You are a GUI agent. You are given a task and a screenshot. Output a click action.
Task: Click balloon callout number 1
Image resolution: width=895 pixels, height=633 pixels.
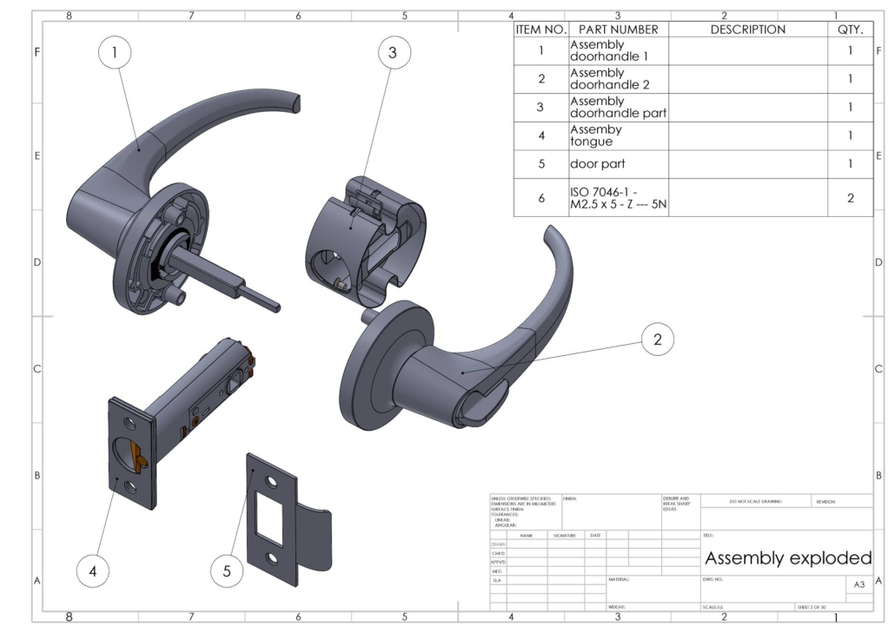[115, 54]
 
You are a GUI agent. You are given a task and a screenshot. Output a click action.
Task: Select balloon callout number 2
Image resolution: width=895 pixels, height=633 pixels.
[657, 340]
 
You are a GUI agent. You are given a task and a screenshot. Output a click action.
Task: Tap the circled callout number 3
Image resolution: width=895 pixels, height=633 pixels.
[393, 54]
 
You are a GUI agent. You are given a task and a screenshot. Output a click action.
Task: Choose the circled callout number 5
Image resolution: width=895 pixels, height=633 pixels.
[227, 570]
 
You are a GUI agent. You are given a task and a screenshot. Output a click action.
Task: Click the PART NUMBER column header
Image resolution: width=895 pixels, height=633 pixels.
[617, 30]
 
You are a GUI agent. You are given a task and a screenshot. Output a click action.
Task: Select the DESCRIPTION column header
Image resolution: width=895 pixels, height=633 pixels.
[747, 30]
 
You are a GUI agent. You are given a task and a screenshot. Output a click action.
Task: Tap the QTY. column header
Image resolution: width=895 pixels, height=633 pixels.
[849, 30]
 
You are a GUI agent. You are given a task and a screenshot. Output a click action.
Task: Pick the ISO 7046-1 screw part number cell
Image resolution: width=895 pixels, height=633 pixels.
[617, 197]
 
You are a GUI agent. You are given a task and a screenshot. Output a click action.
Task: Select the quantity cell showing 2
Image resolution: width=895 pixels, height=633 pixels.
[849, 197]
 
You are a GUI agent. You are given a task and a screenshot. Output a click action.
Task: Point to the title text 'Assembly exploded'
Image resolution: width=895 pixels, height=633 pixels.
[787, 557]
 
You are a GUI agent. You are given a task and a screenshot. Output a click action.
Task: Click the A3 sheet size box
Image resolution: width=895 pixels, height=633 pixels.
[859, 584]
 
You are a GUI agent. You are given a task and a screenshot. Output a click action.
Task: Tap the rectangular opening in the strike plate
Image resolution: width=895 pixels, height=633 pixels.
[268, 516]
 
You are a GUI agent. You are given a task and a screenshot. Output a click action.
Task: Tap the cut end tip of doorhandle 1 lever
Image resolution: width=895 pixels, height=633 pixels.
[297, 105]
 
